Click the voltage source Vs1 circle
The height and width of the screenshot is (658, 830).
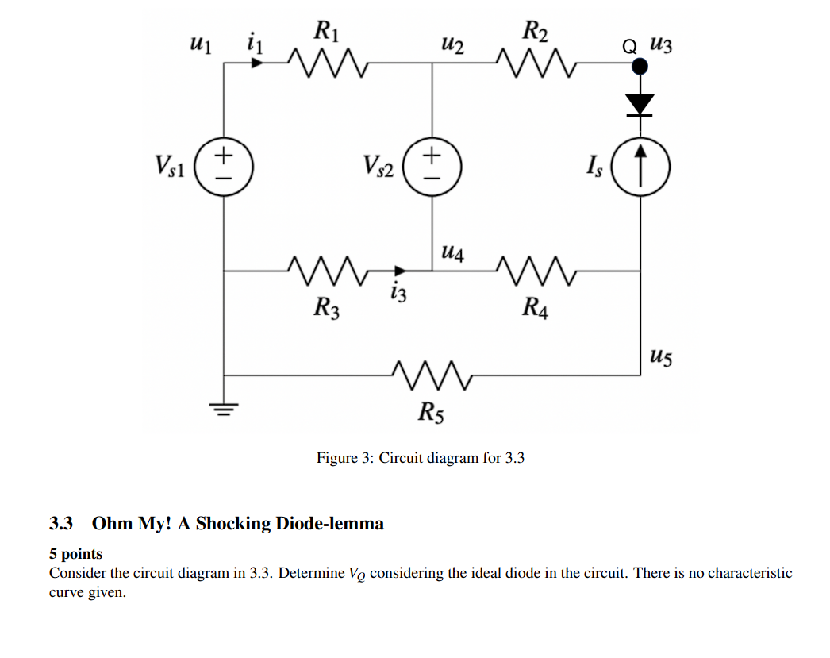point(225,166)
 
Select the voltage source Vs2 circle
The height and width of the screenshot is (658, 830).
point(432,166)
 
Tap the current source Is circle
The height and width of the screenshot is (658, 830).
point(640,166)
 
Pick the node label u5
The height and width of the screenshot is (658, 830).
point(660,358)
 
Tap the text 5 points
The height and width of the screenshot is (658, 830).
point(76,554)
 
